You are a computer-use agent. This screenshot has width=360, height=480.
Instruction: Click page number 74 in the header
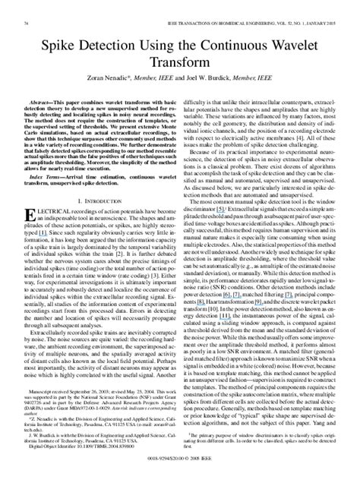[x=29, y=6]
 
